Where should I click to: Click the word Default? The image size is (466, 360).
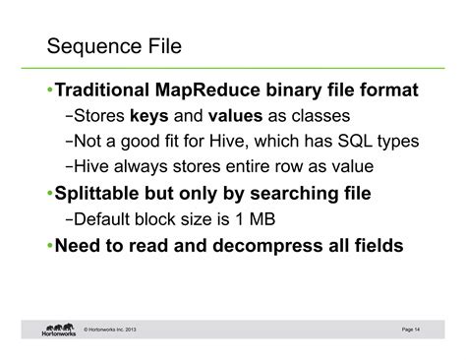[103, 217]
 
